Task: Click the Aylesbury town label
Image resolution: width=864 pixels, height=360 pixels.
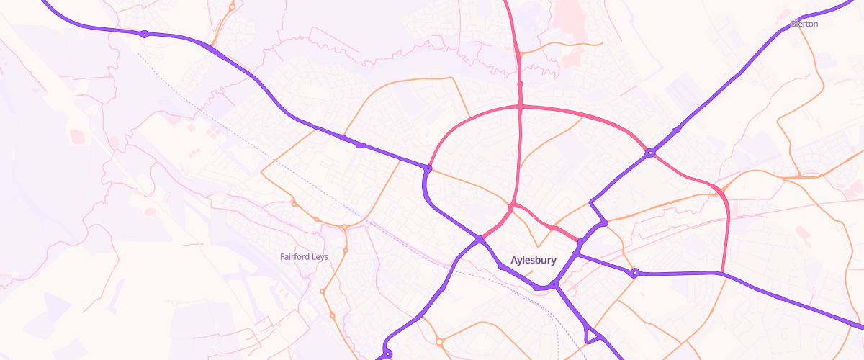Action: point(533,260)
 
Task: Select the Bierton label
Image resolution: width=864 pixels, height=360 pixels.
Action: point(804,24)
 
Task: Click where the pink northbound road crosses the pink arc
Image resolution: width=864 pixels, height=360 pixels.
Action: point(520,107)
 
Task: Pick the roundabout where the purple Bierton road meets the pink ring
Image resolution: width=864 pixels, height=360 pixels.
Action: point(650,153)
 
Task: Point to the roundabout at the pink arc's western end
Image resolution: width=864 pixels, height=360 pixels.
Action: point(428,168)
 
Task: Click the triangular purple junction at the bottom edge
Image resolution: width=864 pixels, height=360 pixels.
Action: point(592,335)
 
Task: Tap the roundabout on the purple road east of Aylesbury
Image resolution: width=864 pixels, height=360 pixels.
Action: point(634,273)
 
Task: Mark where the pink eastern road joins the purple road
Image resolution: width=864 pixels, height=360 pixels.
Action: point(722,273)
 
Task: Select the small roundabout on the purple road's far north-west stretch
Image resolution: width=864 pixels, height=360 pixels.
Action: point(144,34)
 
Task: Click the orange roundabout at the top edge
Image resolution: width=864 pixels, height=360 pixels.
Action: point(232,7)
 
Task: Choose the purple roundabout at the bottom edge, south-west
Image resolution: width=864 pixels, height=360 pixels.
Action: point(387,354)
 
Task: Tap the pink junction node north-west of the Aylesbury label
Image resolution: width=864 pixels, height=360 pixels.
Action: point(510,207)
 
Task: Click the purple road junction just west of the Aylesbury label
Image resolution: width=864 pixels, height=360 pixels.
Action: point(479,238)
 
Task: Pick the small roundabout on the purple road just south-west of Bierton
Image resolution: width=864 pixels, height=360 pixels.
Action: point(676,130)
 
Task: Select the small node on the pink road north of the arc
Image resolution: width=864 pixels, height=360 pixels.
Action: point(520,84)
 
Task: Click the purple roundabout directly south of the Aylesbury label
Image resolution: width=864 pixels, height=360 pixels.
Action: point(554,286)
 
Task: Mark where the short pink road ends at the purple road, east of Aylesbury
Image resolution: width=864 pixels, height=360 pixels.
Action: point(579,240)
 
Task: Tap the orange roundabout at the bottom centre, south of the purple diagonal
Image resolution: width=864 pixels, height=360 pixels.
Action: point(439,341)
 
